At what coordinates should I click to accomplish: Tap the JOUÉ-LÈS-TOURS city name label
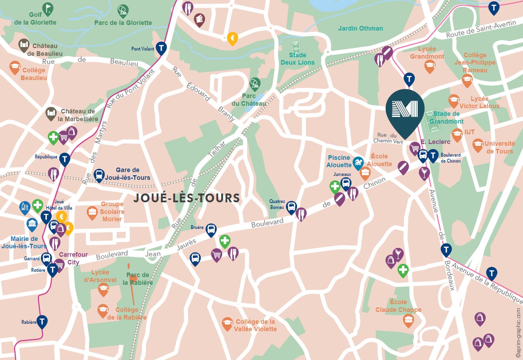coord(187,198)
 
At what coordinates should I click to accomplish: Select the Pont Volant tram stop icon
coord(161,47)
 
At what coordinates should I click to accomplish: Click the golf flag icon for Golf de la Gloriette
coord(47,8)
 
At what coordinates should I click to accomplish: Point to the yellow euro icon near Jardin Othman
coord(232,38)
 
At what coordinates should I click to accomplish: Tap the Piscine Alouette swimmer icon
coord(358,163)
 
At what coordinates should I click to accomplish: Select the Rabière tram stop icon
coord(42,321)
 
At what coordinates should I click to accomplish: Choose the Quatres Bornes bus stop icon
coord(291,207)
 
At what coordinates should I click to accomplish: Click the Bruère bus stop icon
coord(211,229)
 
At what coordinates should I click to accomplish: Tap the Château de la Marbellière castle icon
coord(51,113)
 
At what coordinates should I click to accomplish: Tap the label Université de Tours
coord(499,148)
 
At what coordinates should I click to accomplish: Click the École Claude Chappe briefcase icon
coord(408,320)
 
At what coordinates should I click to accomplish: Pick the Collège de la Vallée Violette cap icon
coord(227,323)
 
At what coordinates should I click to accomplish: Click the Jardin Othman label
coord(360,28)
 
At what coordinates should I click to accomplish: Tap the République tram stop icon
coord(64,159)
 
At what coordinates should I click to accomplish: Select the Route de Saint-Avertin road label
coord(481,29)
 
